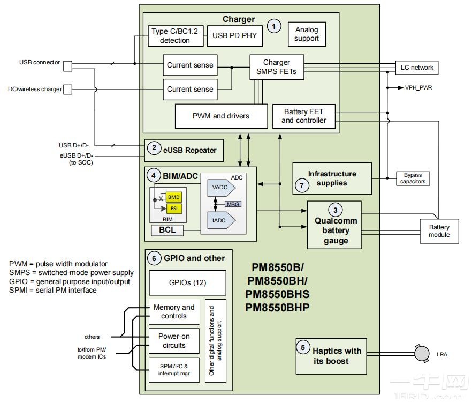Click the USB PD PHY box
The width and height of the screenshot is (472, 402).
click(x=234, y=36)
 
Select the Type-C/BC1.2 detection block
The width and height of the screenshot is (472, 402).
click(x=174, y=36)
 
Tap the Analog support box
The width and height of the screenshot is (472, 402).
click(x=307, y=34)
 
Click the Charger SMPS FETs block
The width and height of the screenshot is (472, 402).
click(x=277, y=66)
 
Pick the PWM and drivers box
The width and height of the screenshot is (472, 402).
click(x=221, y=116)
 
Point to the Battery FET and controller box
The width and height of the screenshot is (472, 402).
click(x=303, y=116)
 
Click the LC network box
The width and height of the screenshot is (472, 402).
click(x=416, y=68)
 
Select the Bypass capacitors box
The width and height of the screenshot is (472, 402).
click(x=413, y=178)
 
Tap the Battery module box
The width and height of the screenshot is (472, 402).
click(x=439, y=231)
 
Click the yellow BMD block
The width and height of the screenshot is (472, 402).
click(x=173, y=197)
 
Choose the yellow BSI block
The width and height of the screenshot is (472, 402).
click(x=173, y=208)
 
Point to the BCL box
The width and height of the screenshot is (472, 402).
click(x=167, y=230)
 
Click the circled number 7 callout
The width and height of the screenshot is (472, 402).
click(x=302, y=185)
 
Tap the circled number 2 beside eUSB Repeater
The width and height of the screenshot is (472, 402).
click(x=154, y=150)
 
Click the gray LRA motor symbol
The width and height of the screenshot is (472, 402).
click(x=423, y=354)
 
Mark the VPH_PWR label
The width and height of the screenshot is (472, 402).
click(x=418, y=87)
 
